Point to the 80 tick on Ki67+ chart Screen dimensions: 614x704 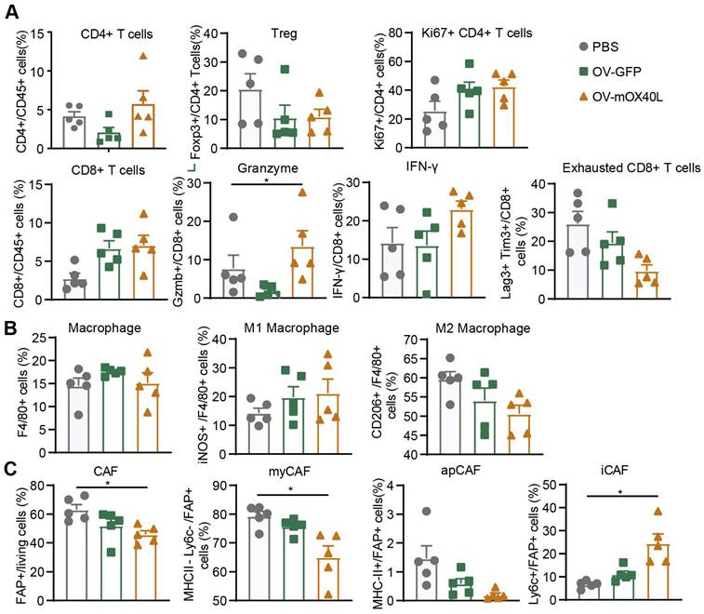coord(384,34)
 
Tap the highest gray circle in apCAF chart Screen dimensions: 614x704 coord(425,512)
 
